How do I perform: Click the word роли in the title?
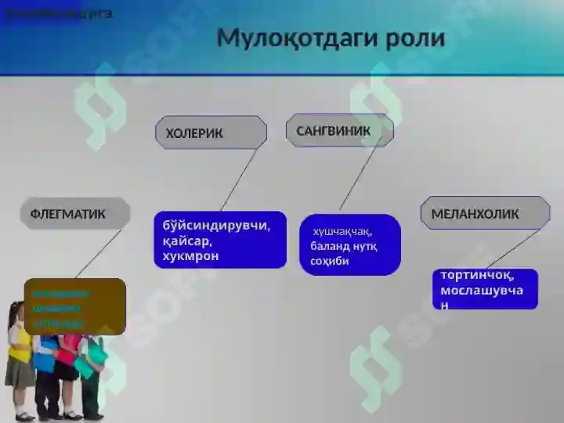[x=415, y=38]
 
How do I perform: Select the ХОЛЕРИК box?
[x=211, y=133]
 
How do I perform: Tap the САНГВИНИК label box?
[x=339, y=131]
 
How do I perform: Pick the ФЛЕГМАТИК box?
[x=74, y=213]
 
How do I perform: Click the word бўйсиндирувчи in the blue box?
[x=216, y=226]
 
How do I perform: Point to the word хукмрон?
[x=190, y=255]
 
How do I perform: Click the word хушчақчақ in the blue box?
[x=342, y=232]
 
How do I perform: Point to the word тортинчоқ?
[x=477, y=275]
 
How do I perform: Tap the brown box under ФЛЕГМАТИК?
[x=75, y=306]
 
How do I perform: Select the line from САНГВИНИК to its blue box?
[x=361, y=174]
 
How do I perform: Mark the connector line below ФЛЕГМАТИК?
[x=99, y=253]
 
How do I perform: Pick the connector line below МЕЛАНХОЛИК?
[x=513, y=249]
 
